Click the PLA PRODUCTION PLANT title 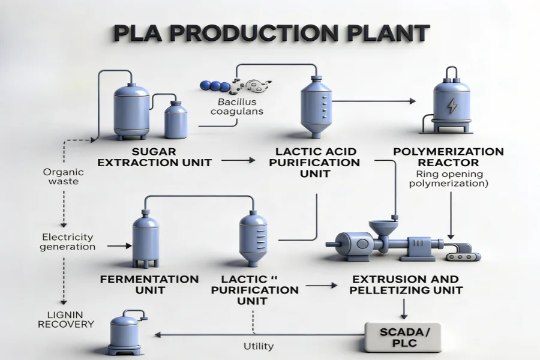[270, 33]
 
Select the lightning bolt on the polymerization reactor [451, 106]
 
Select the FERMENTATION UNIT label [149, 284]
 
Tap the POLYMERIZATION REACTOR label [448, 157]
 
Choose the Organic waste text [64, 176]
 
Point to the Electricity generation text [68, 241]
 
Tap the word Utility [259, 346]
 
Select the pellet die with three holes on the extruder [464, 257]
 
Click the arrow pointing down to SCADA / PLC [403, 308]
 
